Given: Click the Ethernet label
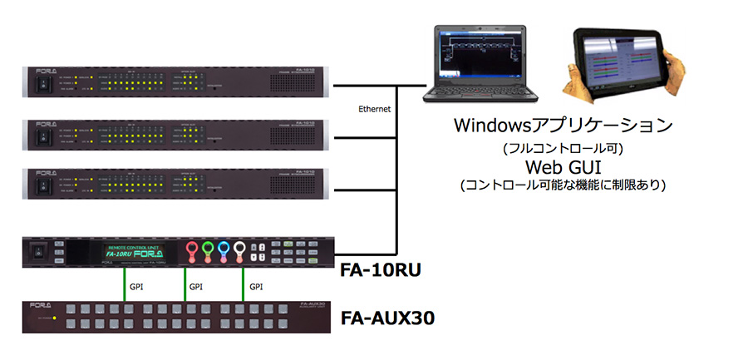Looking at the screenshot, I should click(372, 108).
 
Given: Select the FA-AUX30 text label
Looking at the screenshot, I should click(387, 319).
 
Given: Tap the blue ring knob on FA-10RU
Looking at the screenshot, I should click(222, 248).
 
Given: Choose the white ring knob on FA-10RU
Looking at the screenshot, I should click(240, 248).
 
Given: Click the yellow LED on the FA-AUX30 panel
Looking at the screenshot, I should click(55, 318).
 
